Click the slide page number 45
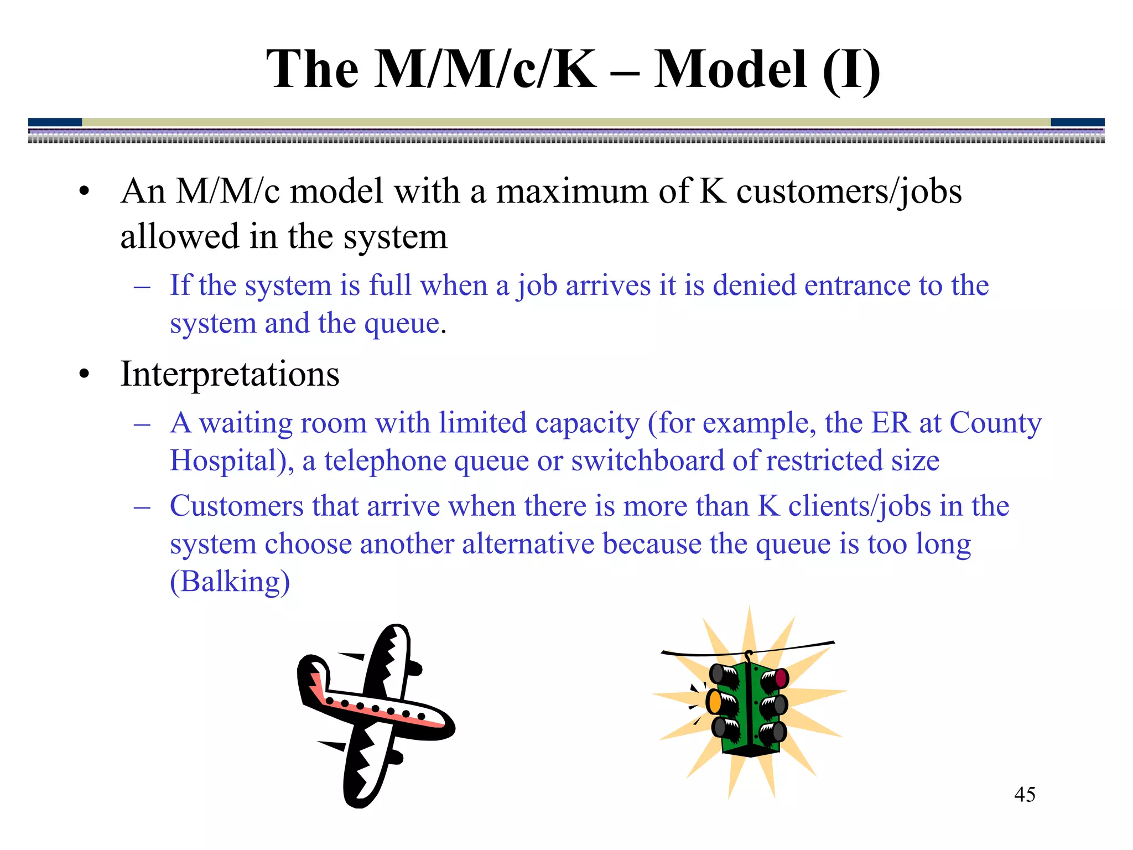click(1025, 795)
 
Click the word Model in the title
click(730, 69)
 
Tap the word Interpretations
click(230, 374)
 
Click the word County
click(995, 423)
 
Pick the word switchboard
click(647, 460)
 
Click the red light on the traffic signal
click(781, 677)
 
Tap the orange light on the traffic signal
click(715, 702)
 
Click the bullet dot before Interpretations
click(84, 375)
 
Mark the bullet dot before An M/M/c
click(84, 192)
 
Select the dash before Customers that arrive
click(142, 506)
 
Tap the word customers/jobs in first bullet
click(849, 191)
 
